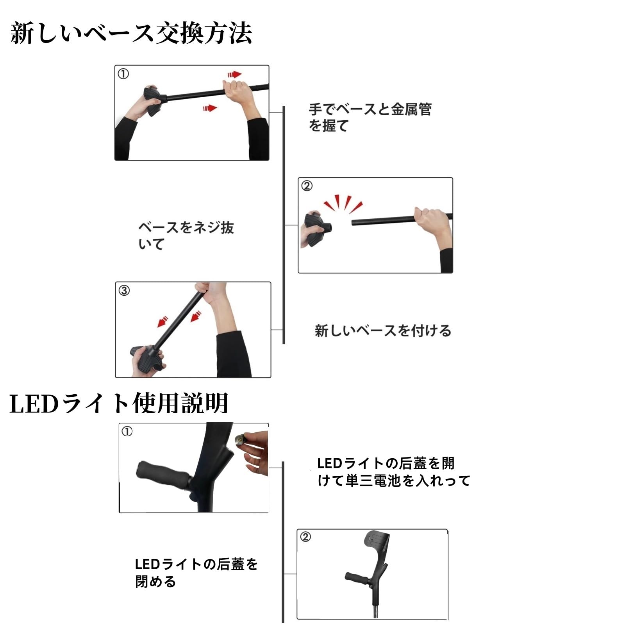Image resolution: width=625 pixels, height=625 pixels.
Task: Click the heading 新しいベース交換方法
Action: pyautogui.click(x=131, y=33)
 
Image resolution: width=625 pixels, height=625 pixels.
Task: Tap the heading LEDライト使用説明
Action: pyautogui.click(x=119, y=403)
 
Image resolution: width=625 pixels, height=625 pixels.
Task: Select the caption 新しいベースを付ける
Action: pyautogui.click(x=383, y=331)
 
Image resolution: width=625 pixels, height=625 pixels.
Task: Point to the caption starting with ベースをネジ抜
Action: pyautogui.click(x=186, y=236)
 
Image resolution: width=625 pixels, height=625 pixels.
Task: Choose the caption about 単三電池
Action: pyautogui.click(x=393, y=472)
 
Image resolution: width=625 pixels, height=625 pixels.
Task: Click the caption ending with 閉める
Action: pyautogui.click(x=196, y=573)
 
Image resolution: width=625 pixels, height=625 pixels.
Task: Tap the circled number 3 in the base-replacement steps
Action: pyautogui.click(x=124, y=291)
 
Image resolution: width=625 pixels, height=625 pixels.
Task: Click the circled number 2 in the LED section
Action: pyautogui.click(x=305, y=537)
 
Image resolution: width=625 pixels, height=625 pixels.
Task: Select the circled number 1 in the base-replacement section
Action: pyautogui.click(x=123, y=74)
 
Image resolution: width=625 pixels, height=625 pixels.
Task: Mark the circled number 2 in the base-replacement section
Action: pyautogui.click(x=307, y=186)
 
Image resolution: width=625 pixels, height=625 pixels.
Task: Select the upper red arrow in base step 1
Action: pyautogui.click(x=234, y=74)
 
